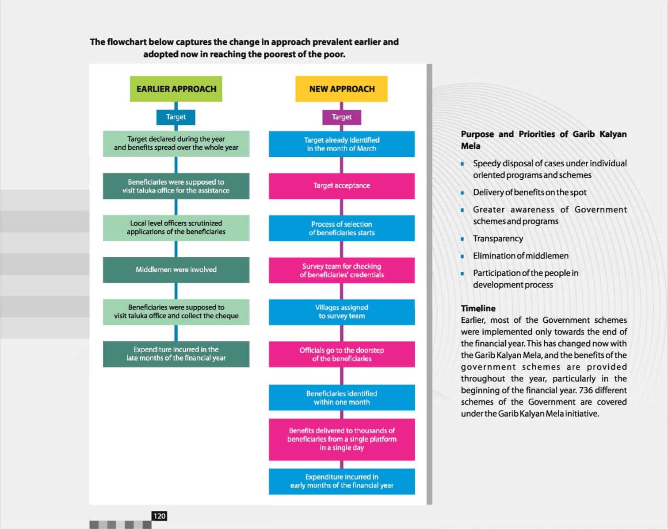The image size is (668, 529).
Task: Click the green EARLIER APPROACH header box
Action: [176, 89]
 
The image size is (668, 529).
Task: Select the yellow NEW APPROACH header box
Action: [341, 89]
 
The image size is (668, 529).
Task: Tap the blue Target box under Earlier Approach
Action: [176, 117]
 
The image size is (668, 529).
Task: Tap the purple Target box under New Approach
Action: [341, 117]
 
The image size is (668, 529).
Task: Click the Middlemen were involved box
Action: [176, 270]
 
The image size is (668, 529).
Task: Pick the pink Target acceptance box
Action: [341, 185]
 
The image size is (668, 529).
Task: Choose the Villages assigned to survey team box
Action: [341, 312]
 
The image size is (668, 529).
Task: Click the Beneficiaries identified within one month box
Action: [341, 398]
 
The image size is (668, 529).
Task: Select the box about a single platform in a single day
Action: [341, 439]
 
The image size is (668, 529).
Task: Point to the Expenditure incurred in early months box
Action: [341, 481]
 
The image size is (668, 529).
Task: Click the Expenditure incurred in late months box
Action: [176, 354]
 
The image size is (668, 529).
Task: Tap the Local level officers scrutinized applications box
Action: [176, 228]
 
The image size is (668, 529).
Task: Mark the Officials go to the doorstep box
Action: [341, 354]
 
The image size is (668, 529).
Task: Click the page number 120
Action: [159, 516]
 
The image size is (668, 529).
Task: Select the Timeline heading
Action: [478, 309]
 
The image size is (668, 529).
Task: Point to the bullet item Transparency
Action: [498, 239]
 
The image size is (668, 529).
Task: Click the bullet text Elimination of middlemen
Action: [520, 256]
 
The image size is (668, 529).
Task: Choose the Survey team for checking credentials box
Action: [341, 270]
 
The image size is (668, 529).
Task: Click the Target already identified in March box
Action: [341, 144]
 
